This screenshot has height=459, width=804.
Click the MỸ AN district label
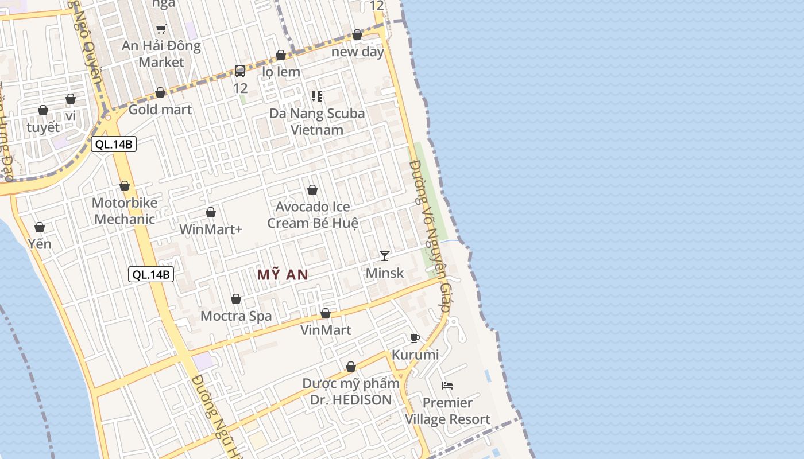[x=283, y=275]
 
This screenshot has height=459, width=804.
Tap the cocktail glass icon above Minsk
[x=385, y=255]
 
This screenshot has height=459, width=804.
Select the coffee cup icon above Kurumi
[x=415, y=338]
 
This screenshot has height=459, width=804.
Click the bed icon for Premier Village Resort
[x=447, y=386]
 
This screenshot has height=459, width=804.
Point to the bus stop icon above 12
[x=240, y=71]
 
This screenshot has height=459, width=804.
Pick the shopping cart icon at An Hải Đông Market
[x=161, y=29]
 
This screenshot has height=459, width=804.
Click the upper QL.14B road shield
[x=114, y=144]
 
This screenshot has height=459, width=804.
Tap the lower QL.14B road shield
[x=151, y=274]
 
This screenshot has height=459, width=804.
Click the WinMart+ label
[x=211, y=229]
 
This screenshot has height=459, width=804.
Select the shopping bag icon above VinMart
[x=326, y=314]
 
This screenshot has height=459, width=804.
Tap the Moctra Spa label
[x=236, y=316]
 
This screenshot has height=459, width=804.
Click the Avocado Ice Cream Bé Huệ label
[x=312, y=215]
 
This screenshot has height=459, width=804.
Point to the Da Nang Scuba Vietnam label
[x=317, y=121]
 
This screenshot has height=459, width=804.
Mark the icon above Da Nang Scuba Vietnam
[x=317, y=96]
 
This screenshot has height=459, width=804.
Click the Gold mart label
[x=160, y=109]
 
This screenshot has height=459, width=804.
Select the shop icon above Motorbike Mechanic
[x=125, y=186]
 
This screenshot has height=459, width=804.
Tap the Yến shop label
[x=40, y=244]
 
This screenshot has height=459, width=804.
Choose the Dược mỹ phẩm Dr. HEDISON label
[x=351, y=391]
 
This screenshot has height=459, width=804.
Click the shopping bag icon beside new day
[x=357, y=35]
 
